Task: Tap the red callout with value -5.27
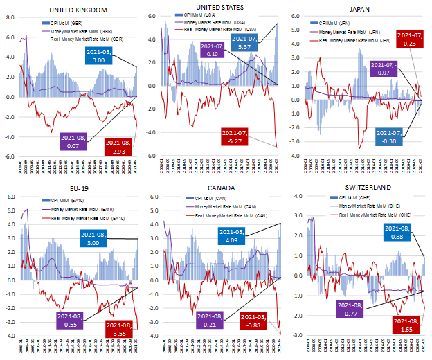point(240,136)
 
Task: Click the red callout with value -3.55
point(120,328)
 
